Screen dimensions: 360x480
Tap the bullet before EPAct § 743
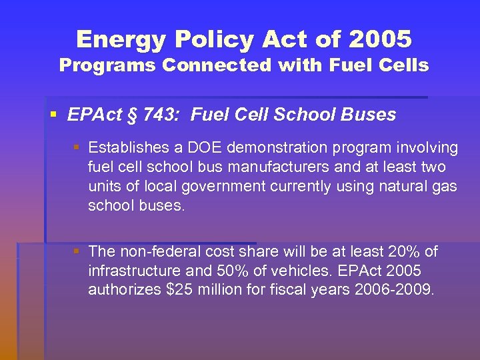pyautogui.click(x=53, y=114)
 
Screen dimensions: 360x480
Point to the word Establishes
pyautogui.click(x=127, y=147)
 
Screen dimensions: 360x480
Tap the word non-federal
pyautogui.click(x=157, y=251)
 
